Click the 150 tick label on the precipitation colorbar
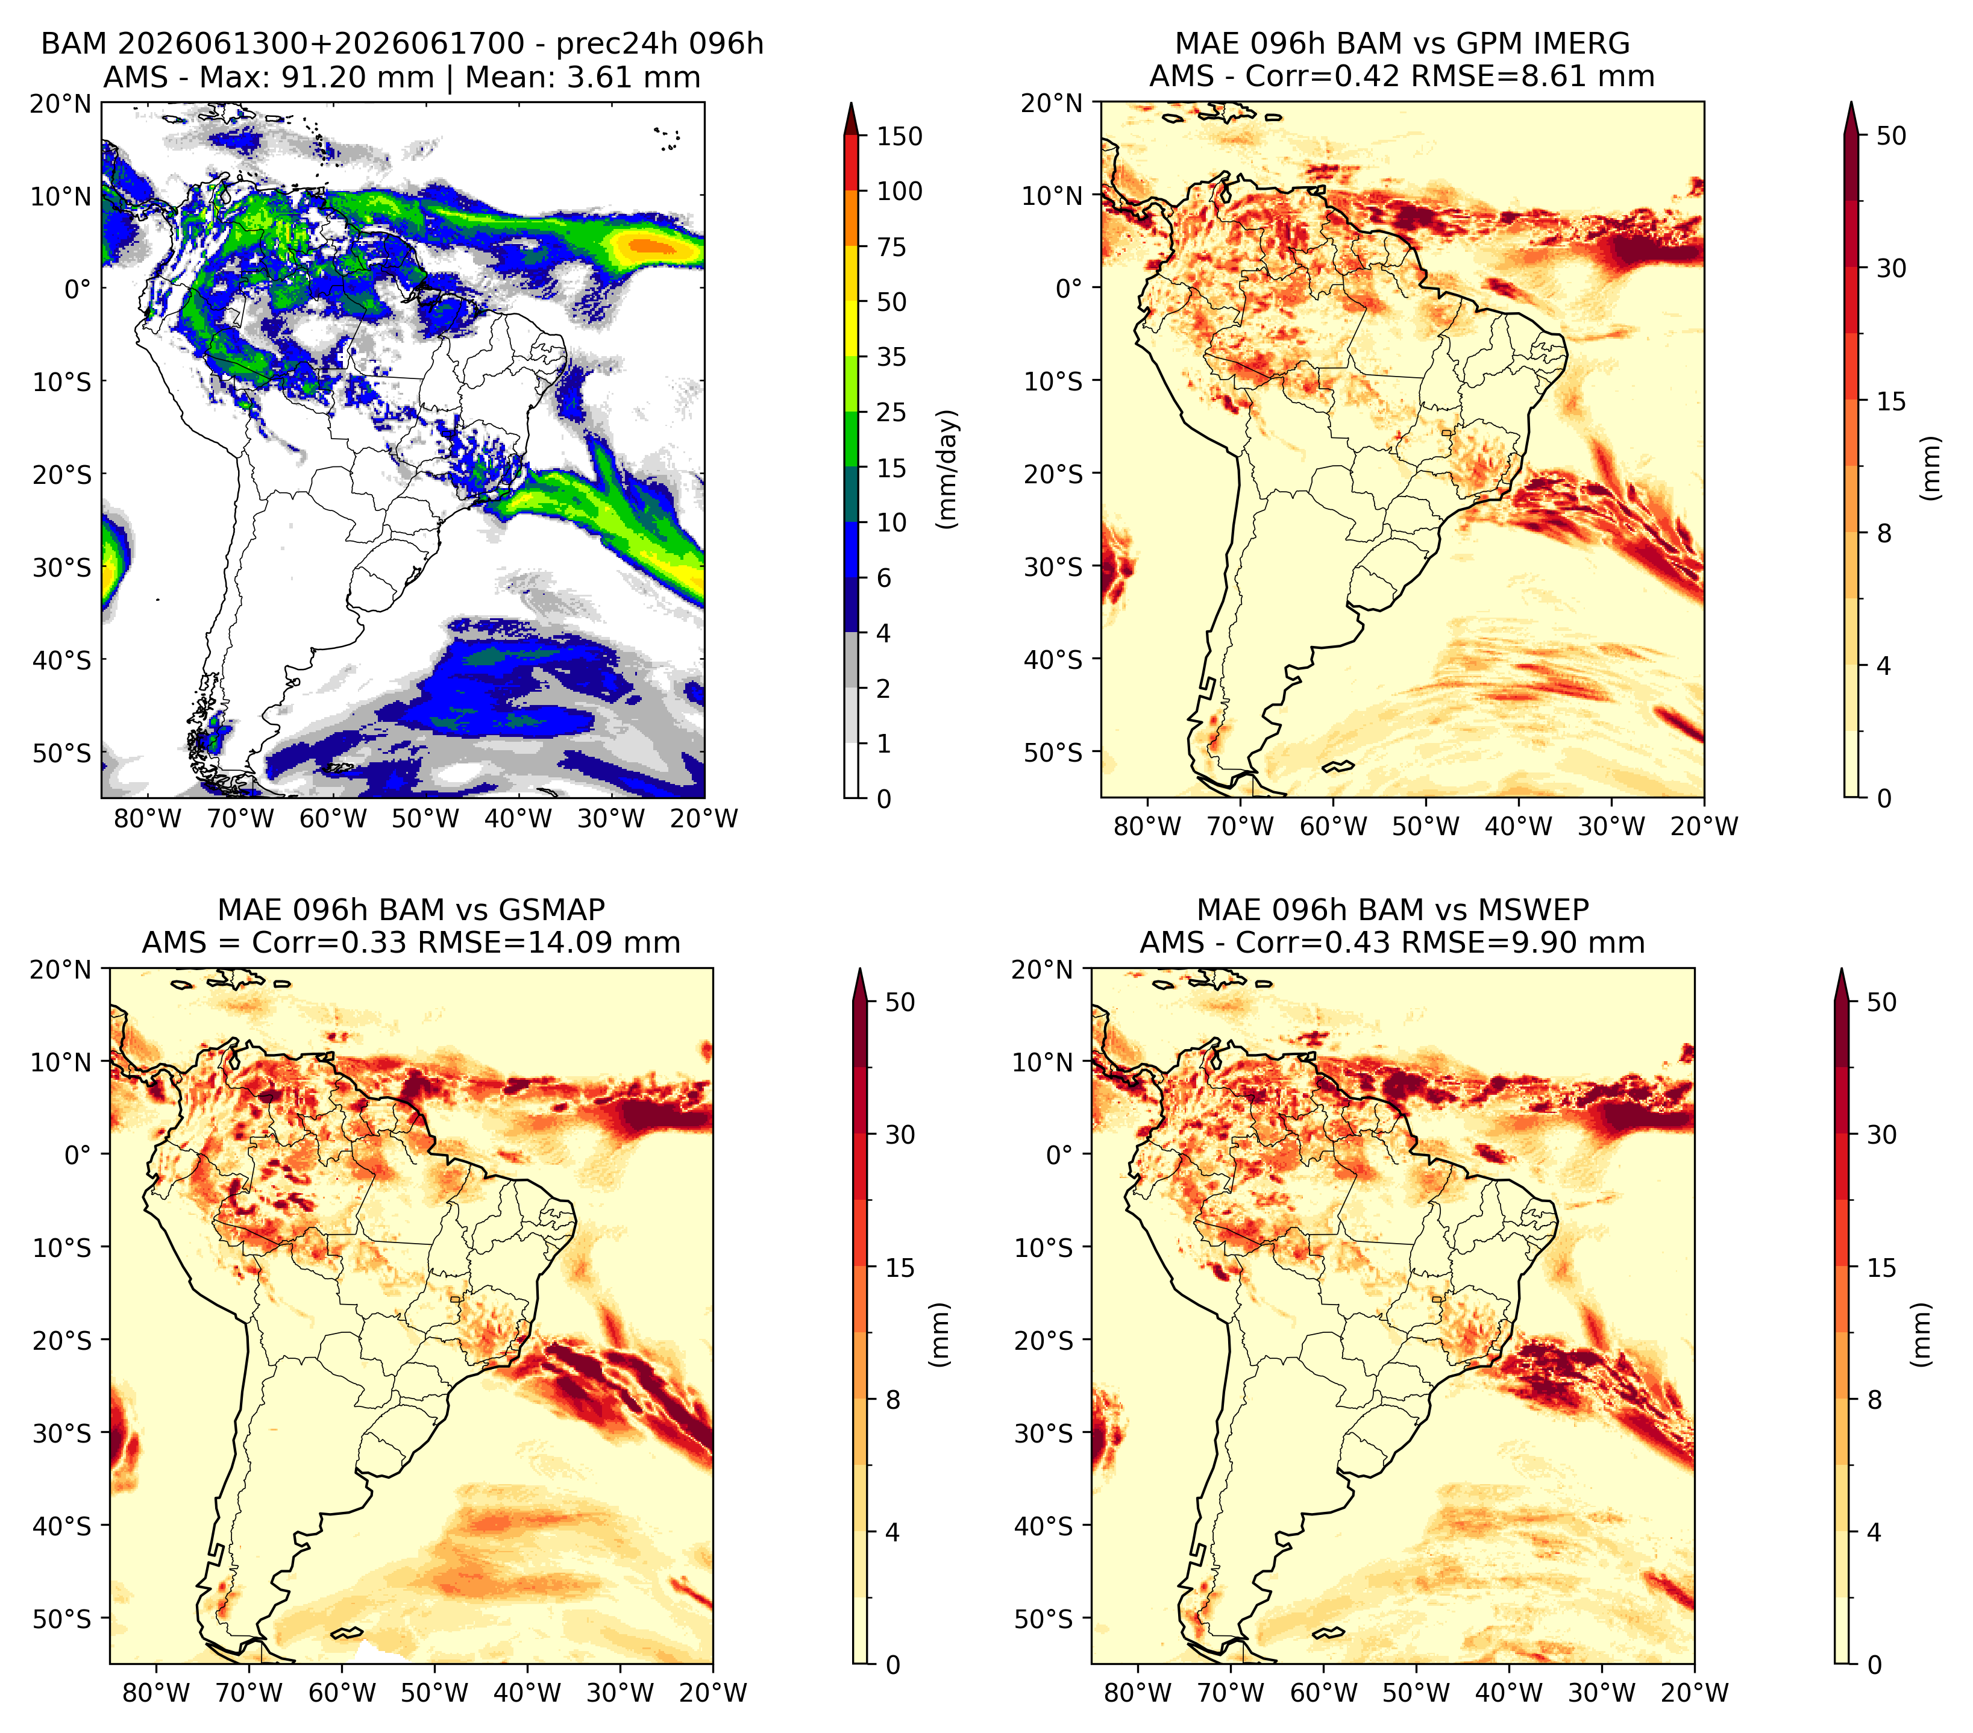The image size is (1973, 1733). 900,136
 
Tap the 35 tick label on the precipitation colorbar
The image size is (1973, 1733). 892,357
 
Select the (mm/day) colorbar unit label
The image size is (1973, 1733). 949,469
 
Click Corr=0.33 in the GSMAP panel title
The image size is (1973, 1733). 328,943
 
